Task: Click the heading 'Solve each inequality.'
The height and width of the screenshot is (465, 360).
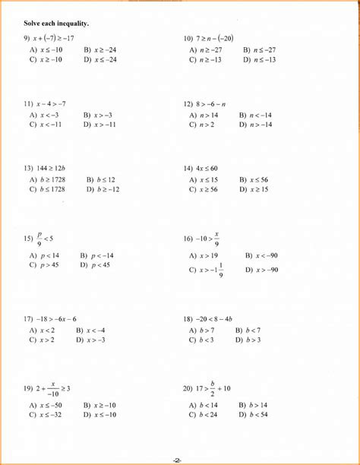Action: point(56,24)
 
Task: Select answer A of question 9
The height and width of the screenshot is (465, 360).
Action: point(46,49)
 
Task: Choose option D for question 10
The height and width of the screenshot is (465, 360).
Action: point(259,59)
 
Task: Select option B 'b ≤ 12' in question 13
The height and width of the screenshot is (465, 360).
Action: point(100,180)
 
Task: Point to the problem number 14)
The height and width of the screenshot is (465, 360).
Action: point(188,168)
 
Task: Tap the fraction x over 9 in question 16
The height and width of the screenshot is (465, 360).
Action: point(217,239)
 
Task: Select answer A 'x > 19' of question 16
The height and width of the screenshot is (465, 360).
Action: point(204,256)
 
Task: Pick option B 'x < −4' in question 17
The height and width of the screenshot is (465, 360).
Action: point(90,331)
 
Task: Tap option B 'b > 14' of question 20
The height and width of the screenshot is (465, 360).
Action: point(253,406)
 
